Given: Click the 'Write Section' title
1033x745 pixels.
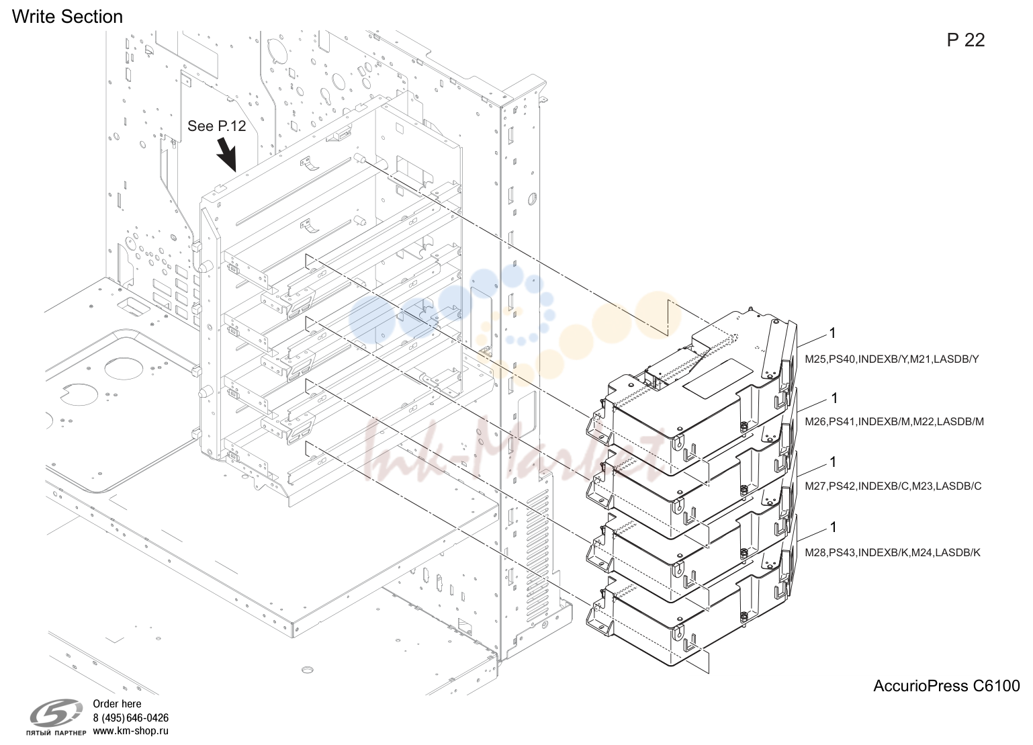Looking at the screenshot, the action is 67,17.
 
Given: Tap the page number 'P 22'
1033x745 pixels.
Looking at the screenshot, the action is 966,40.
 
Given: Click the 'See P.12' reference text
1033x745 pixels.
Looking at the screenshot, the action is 217,126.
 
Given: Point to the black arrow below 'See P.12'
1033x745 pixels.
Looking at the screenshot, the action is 226,155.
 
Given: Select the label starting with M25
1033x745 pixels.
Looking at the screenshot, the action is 891,359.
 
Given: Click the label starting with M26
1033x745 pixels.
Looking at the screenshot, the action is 894,422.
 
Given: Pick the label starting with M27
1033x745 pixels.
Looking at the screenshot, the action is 893,486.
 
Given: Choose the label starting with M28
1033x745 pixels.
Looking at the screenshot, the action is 893,553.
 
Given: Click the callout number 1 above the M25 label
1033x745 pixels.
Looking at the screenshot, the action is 832,333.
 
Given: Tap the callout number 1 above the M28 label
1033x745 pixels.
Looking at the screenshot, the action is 834,527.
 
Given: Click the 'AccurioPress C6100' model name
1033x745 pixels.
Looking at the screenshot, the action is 947,686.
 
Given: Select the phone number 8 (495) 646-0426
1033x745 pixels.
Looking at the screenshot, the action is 131,717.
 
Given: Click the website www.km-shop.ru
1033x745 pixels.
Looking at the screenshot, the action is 131,731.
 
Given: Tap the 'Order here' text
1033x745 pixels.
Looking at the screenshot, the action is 117,704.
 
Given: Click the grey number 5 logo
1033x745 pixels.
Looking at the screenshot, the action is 56,714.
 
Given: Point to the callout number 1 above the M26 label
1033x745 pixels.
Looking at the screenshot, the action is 834,398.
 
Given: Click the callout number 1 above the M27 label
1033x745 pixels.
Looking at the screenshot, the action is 834,462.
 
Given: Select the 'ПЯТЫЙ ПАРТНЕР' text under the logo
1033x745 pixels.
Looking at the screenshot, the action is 56,733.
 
